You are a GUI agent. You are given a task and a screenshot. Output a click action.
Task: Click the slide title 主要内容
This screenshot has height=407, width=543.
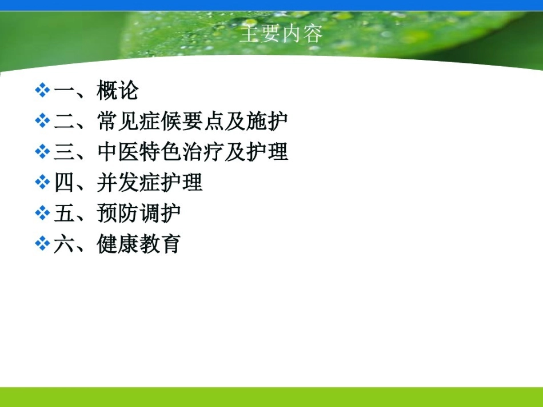click(x=281, y=34)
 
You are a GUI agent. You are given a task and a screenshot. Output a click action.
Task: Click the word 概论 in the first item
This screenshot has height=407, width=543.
click(x=118, y=91)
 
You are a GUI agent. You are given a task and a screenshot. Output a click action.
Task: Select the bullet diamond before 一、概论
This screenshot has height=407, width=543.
click(x=42, y=90)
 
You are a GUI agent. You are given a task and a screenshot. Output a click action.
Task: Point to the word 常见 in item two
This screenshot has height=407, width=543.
click(x=118, y=122)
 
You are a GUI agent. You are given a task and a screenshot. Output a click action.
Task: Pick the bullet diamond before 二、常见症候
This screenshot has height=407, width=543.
click(x=42, y=121)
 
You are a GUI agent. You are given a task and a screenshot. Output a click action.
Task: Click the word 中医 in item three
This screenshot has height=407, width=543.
click(x=118, y=152)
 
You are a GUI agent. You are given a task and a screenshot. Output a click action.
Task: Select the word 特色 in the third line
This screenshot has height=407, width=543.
click(x=161, y=152)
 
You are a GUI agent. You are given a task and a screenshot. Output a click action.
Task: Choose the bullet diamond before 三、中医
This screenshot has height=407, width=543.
click(x=42, y=152)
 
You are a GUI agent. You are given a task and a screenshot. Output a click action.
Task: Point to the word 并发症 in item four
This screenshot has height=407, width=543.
click(x=129, y=183)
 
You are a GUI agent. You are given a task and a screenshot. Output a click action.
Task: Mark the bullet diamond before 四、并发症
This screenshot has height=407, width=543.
click(x=42, y=183)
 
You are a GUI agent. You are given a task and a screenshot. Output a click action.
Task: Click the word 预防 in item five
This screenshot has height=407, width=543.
click(x=118, y=214)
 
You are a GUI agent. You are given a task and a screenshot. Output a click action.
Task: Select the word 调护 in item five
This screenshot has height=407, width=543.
click(x=161, y=214)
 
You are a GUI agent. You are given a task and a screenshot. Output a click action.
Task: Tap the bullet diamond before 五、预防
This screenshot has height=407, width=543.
click(x=42, y=213)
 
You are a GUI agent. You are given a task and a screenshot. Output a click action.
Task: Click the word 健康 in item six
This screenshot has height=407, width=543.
click(x=118, y=244)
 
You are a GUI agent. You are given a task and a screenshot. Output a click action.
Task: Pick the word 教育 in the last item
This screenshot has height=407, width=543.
click(x=161, y=244)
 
